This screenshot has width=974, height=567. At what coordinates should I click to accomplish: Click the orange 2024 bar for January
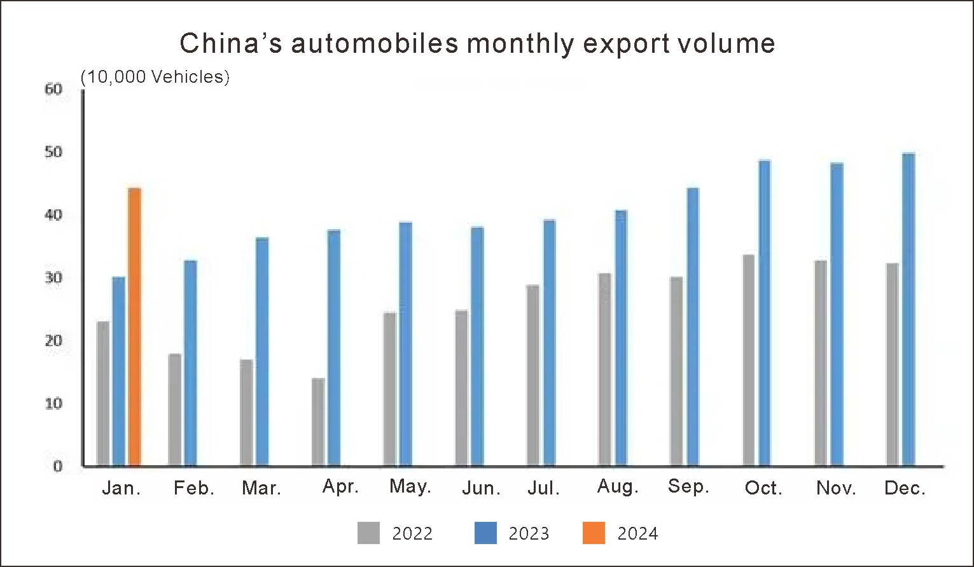coord(134,327)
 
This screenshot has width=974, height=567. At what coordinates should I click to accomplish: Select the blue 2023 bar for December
coord(908,310)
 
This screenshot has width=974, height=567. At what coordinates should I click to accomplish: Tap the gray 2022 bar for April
coord(318,422)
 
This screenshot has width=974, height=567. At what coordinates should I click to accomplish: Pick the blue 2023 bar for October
coord(764,313)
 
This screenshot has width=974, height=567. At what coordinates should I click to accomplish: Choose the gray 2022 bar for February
coord(174,410)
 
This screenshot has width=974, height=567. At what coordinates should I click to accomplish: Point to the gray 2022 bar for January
coord(102,394)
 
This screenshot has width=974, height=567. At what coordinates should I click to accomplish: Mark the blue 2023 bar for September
coord(692,327)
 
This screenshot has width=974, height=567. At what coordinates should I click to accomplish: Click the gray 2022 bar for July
coord(532,375)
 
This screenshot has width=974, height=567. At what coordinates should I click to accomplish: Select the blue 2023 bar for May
coord(405,344)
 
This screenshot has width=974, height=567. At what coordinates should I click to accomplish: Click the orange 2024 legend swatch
coord(594,533)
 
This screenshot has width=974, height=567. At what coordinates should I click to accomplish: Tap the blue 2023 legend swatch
coord(485,533)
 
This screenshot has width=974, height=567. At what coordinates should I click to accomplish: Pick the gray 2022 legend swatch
coord(368,533)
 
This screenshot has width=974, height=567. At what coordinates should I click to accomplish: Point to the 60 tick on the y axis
coord(54,89)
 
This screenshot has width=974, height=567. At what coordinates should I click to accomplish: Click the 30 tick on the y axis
coord(54,278)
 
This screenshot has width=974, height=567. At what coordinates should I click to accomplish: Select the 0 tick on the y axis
coord(58,466)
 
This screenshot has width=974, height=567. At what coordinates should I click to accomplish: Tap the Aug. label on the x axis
coord(618,487)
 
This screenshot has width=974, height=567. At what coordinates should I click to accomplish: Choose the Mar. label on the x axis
coord(261,488)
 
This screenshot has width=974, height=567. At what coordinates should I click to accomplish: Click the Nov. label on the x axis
coord(837,488)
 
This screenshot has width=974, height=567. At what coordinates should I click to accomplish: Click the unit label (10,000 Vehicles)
coord(155,77)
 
